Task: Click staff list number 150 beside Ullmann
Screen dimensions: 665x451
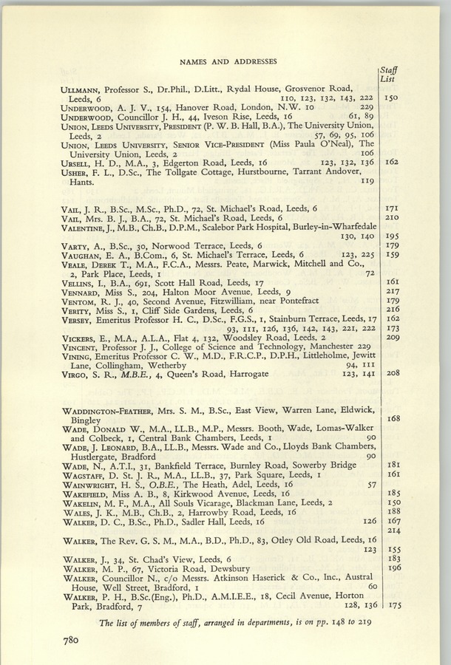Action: tap(392, 98)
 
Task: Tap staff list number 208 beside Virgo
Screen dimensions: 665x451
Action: tap(393, 374)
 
